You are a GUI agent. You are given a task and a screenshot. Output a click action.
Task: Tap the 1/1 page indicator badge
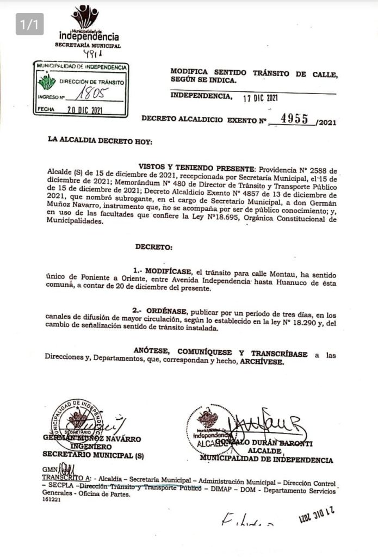tap(29, 24)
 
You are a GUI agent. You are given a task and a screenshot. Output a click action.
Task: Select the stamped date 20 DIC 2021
tap(81, 109)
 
